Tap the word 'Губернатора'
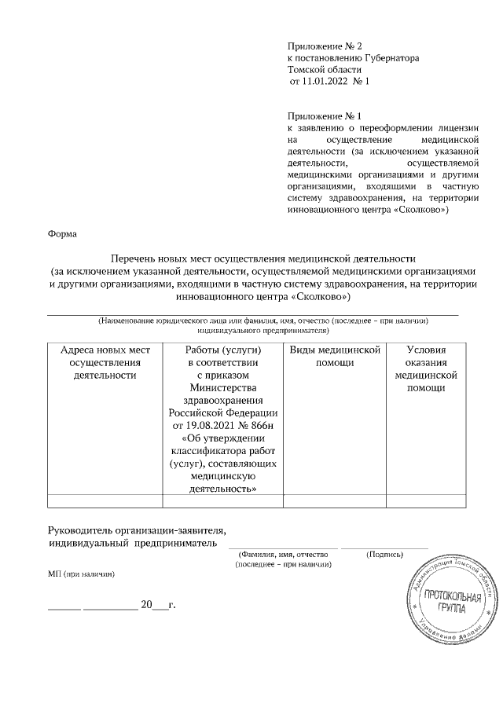pyautogui.click(x=392, y=58)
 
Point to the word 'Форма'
pyautogui.click(x=62, y=233)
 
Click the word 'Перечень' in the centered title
pyautogui.click(x=138, y=258)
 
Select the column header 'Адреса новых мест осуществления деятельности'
pyautogui.click(x=105, y=362)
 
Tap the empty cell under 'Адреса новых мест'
pyautogui.click(x=105, y=500)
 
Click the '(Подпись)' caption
pyautogui.click(x=385, y=555)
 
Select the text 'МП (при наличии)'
pyautogui.click(x=82, y=574)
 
